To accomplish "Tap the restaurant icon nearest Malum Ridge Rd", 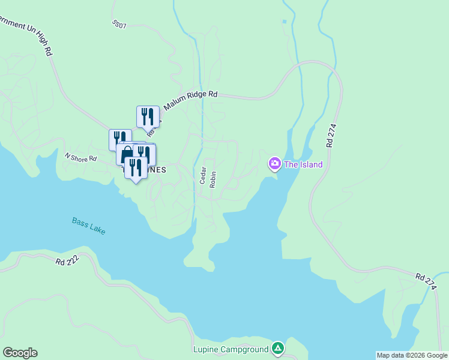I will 148,116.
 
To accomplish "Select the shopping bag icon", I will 127,155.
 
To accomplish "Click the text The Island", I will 303,164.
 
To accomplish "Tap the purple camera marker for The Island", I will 275,163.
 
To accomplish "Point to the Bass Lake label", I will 88,226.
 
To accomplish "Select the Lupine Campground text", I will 231,349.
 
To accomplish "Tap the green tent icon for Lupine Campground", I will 277,347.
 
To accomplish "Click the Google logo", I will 20,353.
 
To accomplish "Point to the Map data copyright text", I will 411,355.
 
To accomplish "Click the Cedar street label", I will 203,175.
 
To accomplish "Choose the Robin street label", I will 213,179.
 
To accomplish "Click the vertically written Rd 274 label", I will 331,136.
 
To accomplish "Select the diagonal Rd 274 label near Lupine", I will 426,282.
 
